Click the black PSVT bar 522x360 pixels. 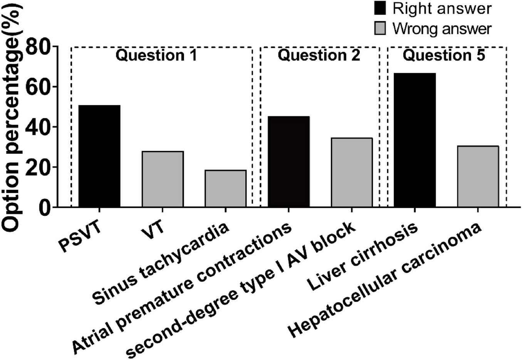tap(99, 156)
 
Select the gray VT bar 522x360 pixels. tap(163, 179)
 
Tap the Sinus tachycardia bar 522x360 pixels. tap(225, 188)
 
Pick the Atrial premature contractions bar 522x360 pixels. tap(289, 161)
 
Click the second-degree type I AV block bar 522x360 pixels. tap(351, 172)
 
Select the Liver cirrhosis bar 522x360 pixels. tap(415, 140)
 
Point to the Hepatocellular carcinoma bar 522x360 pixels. tap(478, 177)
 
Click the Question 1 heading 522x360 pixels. tap(156, 56)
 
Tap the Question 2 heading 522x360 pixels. tap(319, 56)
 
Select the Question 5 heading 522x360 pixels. tap(444, 56)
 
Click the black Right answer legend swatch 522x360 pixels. tap(379, 8)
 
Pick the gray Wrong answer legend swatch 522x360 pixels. tap(379, 28)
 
